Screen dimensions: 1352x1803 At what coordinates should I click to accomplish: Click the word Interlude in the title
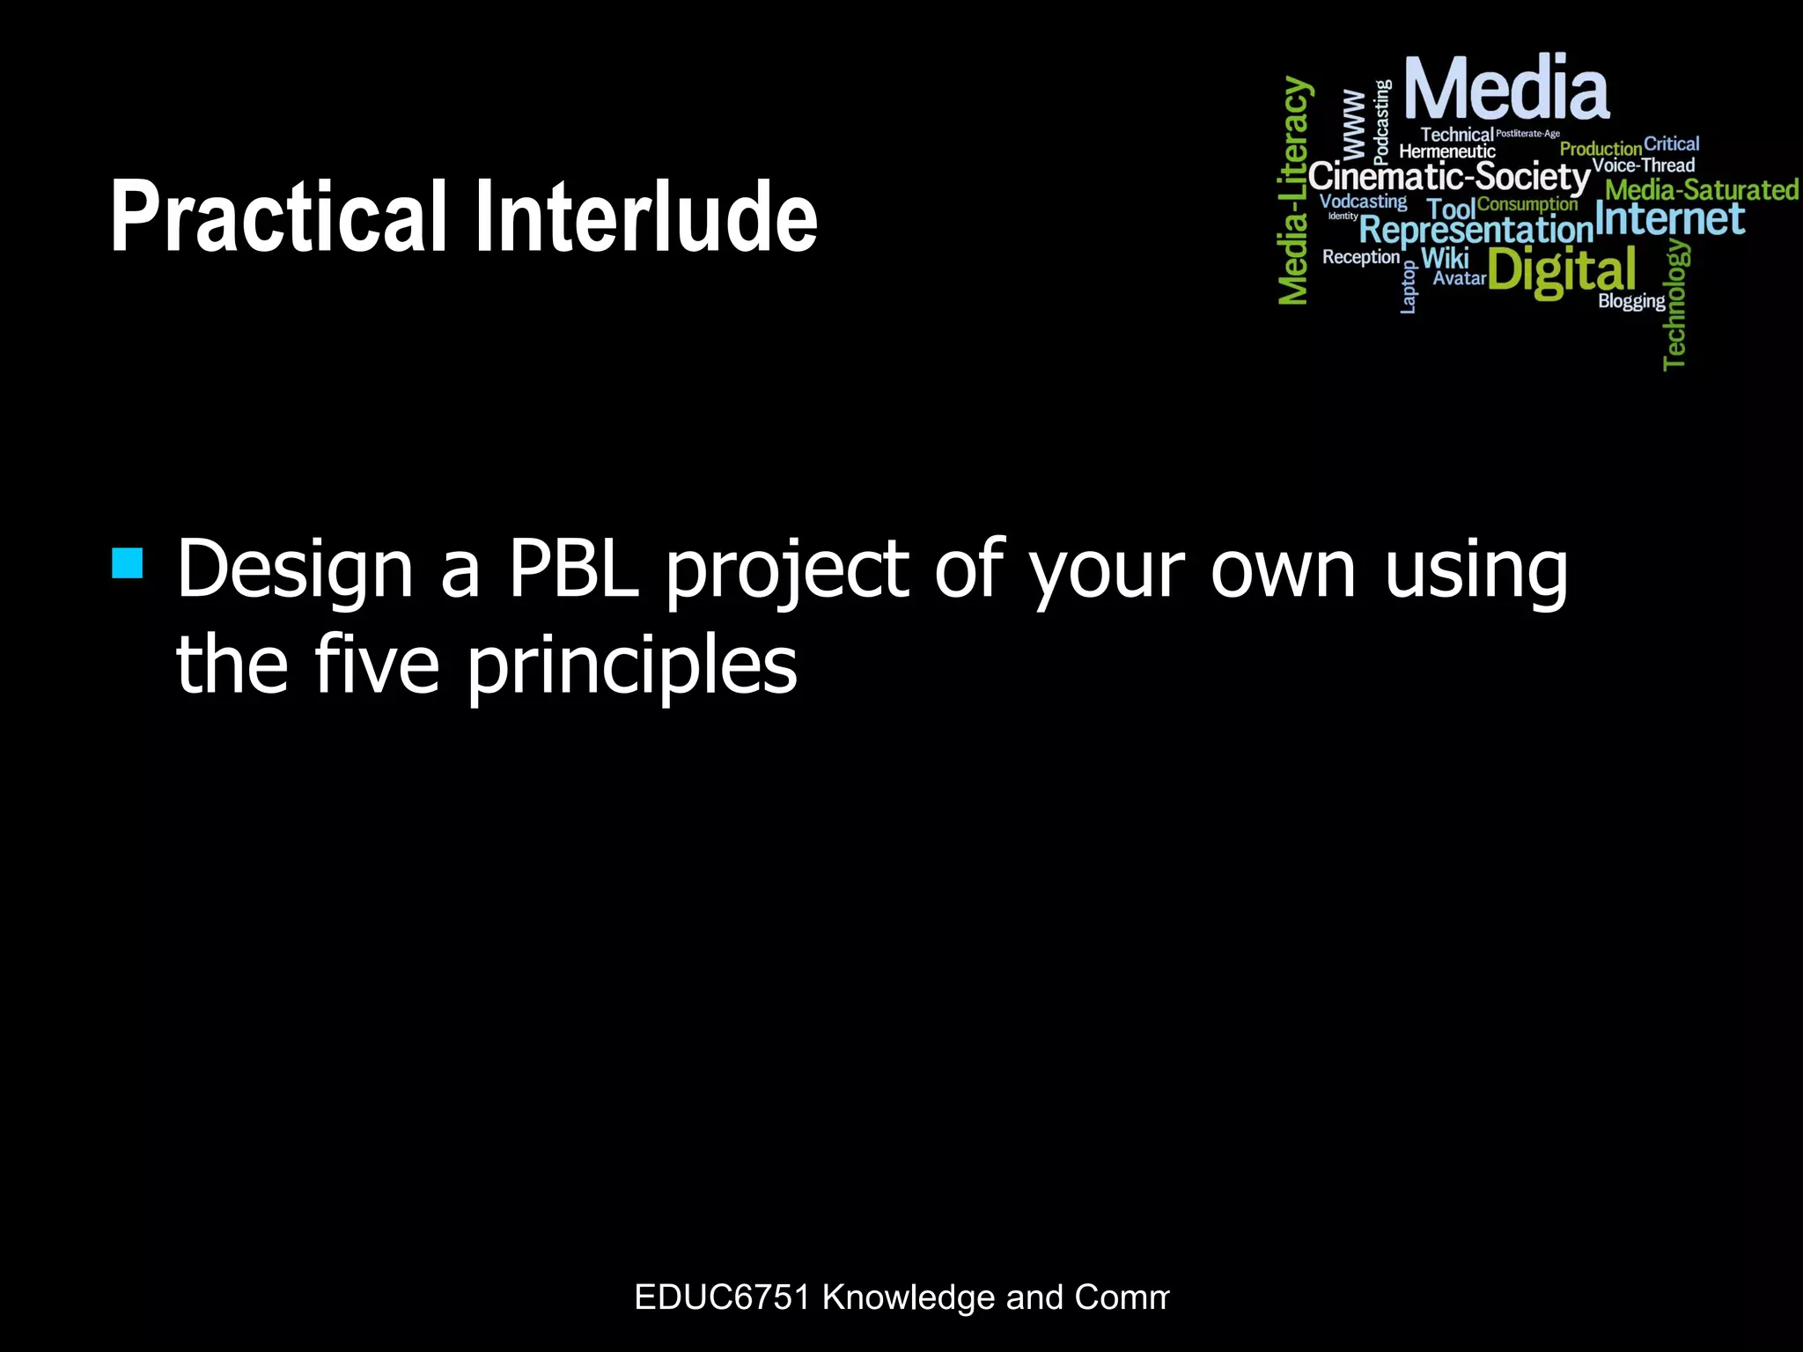[646, 217]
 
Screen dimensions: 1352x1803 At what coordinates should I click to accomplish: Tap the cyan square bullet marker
[128, 563]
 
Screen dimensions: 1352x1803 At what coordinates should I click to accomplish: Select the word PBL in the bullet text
[573, 569]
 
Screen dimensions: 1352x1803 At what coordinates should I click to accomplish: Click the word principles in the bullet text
[631, 666]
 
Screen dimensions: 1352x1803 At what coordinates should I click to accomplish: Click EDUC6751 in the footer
[722, 1297]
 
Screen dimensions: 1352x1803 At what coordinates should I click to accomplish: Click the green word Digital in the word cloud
[1562, 270]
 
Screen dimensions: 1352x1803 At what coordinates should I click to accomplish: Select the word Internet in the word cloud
[1669, 219]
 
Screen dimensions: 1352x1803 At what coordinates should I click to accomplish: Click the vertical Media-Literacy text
[1294, 191]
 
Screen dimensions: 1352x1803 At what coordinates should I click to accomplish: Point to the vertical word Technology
[1675, 305]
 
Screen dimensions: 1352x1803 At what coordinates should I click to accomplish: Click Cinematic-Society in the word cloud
[1448, 176]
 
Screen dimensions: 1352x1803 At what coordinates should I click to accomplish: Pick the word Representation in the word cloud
[1476, 231]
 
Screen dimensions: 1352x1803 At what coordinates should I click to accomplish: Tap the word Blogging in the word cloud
[1631, 301]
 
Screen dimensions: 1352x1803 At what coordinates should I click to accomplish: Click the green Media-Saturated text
[1701, 190]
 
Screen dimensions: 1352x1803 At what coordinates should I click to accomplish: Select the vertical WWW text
[1353, 123]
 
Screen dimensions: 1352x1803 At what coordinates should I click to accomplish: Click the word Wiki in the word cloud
[1445, 258]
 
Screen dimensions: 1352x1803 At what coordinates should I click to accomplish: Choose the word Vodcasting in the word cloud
[1363, 202]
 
